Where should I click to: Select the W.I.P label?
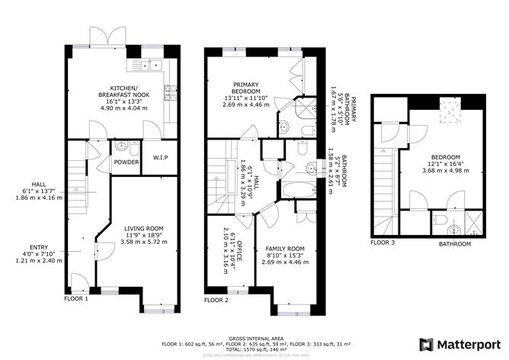pyautogui.click(x=160, y=158)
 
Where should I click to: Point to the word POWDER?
pyautogui.click(x=126, y=162)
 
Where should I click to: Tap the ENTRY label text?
pyautogui.click(x=38, y=247)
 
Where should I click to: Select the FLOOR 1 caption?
pyautogui.click(x=76, y=299)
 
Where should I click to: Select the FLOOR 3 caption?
pyautogui.click(x=383, y=243)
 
